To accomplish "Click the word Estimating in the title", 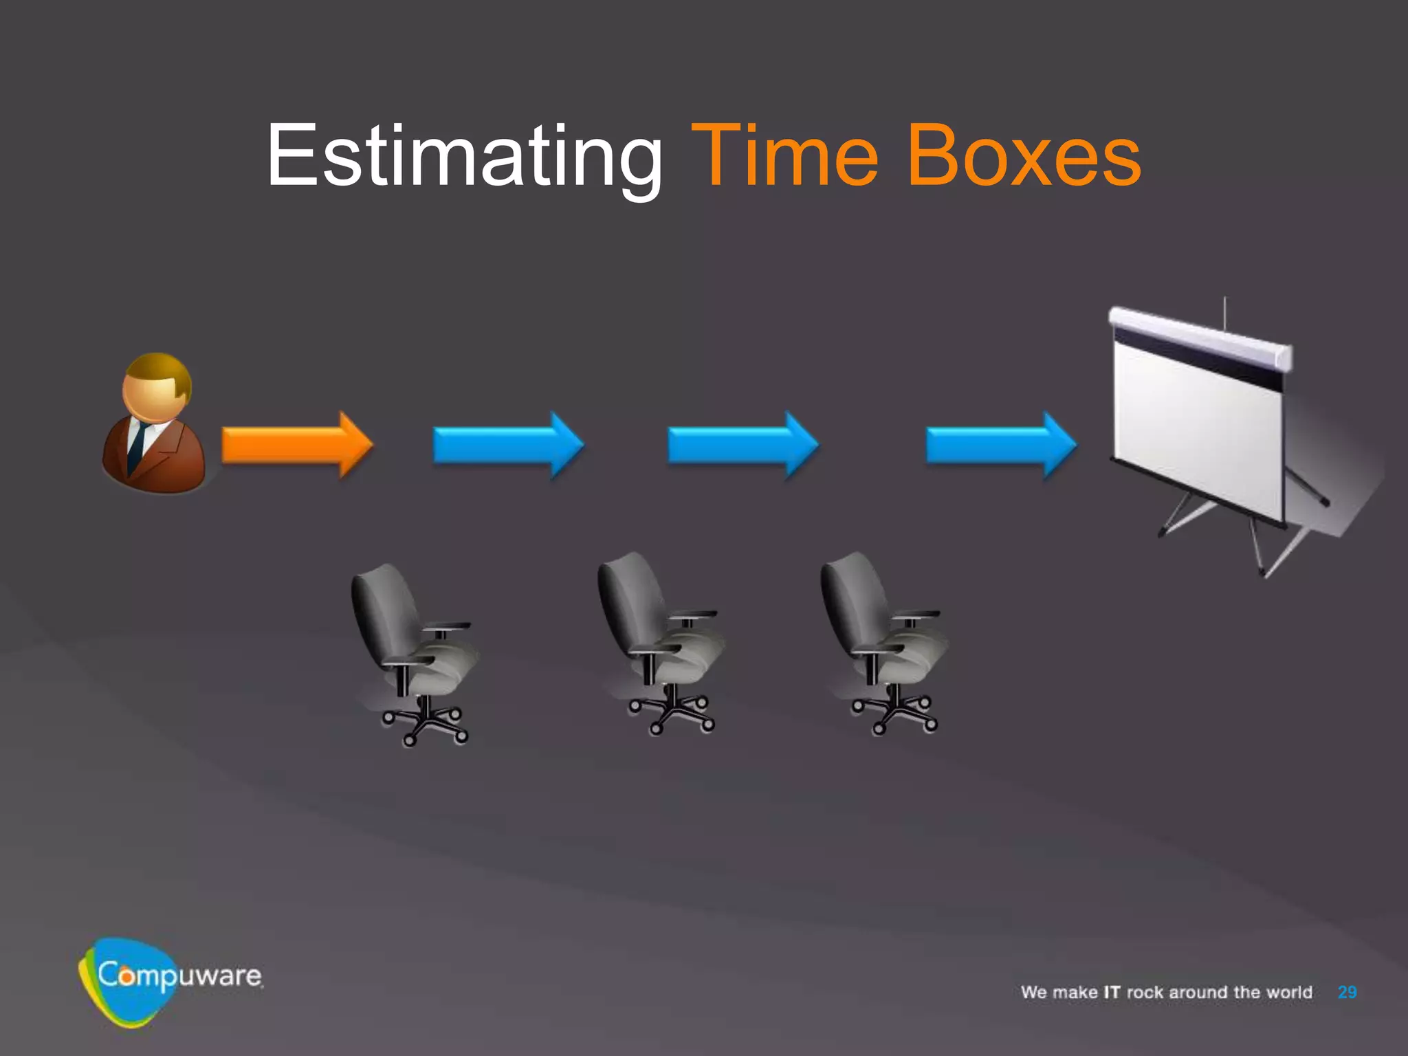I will point(464,157).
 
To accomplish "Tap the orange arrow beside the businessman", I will point(296,445).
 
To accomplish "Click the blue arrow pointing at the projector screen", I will point(1001,445).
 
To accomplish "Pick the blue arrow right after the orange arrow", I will point(508,445).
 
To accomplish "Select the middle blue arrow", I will point(743,445).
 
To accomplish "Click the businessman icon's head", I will point(157,386).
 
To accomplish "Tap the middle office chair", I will point(660,639).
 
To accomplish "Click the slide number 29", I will point(1347,992).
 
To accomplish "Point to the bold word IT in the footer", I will point(1112,992).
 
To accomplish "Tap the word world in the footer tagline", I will point(1289,992).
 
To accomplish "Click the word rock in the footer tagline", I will point(1145,992).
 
